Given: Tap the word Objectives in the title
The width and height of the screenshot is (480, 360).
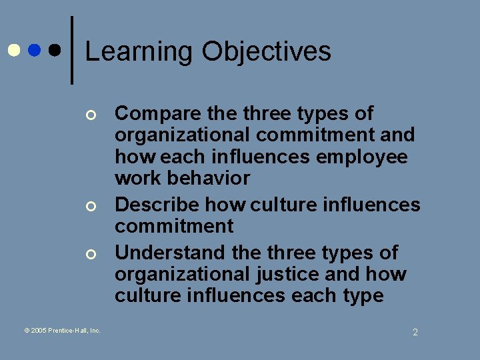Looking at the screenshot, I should pyautogui.click(x=267, y=52).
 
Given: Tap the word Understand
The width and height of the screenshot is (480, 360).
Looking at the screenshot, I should pyautogui.click(x=170, y=253).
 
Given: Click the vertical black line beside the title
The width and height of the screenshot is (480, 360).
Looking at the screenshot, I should pyautogui.click(x=72, y=50).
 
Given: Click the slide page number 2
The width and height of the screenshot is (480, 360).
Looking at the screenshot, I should pyautogui.click(x=415, y=332).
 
